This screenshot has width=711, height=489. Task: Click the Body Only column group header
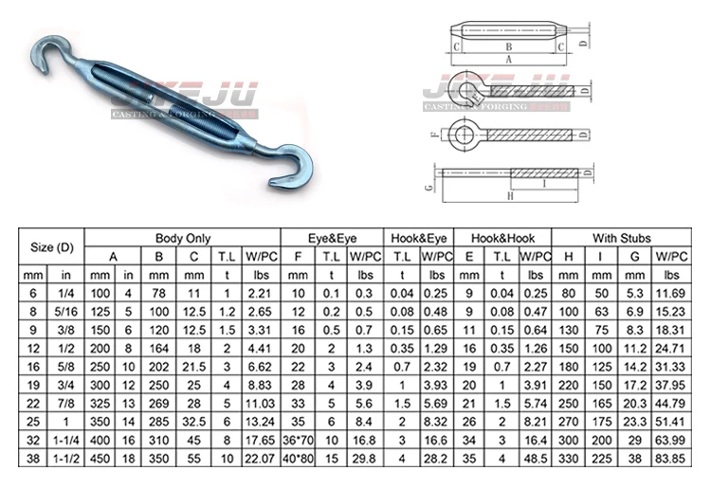click(x=183, y=238)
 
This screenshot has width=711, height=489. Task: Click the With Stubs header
click(x=622, y=238)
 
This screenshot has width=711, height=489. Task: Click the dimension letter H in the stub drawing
click(x=510, y=196)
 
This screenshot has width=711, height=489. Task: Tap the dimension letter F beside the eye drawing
click(x=432, y=136)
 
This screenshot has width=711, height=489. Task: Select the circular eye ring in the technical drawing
click(x=465, y=135)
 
